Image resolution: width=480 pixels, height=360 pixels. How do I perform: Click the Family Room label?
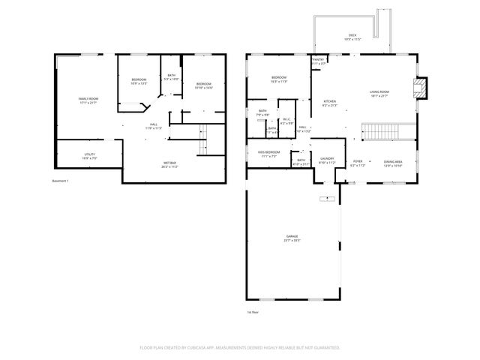click(x=88, y=100)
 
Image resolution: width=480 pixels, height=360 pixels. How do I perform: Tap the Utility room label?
click(x=88, y=155)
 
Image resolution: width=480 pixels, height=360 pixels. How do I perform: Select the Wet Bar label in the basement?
click(x=169, y=164)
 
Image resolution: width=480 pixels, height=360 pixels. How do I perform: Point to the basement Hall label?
click(x=153, y=126)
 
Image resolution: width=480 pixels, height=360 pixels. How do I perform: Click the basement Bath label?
click(x=171, y=76)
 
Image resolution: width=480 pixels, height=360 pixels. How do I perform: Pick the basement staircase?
click(x=201, y=138)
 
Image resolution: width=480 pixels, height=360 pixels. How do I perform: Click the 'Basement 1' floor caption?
click(x=60, y=181)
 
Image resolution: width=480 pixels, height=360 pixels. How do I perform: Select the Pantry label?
click(x=318, y=61)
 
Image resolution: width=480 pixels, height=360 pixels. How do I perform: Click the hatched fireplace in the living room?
click(x=421, y=88)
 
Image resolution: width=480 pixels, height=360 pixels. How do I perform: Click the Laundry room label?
click(x=326, y=160)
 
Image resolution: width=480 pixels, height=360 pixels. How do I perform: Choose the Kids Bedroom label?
click(x=268, y=154)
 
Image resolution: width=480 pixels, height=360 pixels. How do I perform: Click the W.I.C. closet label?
click(x=286, y=121)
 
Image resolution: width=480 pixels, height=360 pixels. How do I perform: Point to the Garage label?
click(x=292, y=238)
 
